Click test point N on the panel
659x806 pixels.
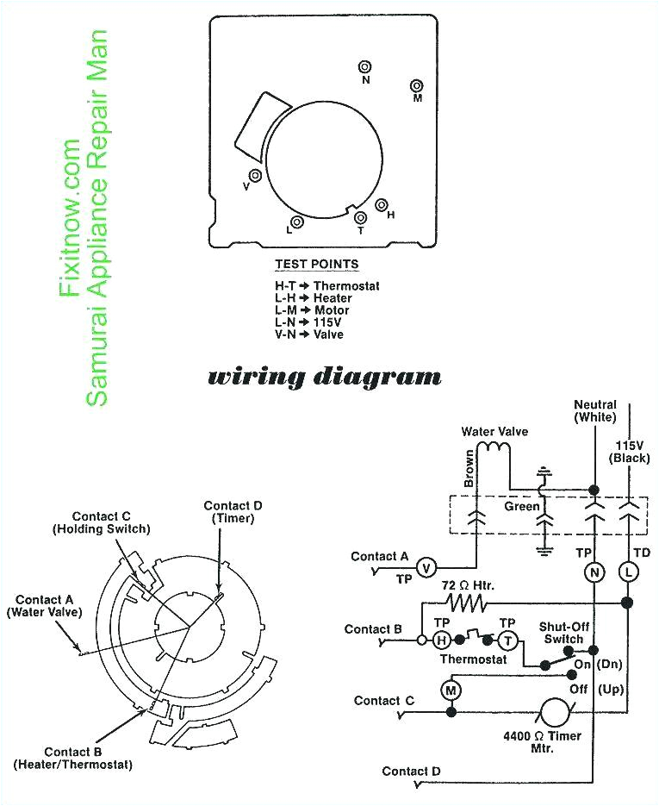click(x=365, y=67)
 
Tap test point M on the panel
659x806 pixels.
click(x=417, y=86)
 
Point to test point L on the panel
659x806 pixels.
click(x=298, y=221)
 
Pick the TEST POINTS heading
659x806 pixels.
click(x=317, y=265)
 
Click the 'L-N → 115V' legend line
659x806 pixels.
click(x=308, y=322)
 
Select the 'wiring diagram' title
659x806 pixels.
click(x=325, y=377)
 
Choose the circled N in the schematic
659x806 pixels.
click(x=594, y=572)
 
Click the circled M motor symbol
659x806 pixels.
click(x=450, y=689)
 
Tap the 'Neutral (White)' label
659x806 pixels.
click(x=594, y=411)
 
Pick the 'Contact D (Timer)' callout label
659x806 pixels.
click(x=227, y=511)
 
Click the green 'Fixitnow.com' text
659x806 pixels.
click(x=71, y=219)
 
